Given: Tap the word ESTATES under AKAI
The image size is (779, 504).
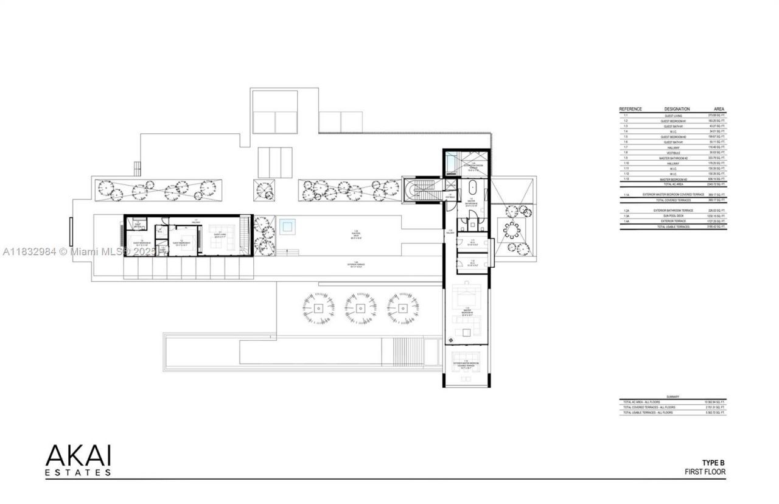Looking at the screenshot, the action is coord(78,472).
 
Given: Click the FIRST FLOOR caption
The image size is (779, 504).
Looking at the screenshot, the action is coord(705,472).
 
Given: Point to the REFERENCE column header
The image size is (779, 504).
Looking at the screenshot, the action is coord(631,109).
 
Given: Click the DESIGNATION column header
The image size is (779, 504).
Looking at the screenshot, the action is coord(677,109).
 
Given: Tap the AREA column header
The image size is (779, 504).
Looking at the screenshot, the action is coord(719,109).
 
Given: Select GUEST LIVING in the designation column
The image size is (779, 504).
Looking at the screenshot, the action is coord(673,116).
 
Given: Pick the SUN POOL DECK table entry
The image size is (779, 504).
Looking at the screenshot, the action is coord(673,215).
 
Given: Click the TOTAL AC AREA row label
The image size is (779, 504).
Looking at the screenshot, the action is coord(673,184).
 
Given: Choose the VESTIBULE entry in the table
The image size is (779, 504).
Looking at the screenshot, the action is coord(673,153).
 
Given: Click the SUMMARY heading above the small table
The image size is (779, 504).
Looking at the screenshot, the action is coord(672,396).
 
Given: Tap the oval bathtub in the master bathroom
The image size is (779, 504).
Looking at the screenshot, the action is coord(472,188).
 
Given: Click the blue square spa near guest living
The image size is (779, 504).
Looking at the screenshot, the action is coord(287,226).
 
